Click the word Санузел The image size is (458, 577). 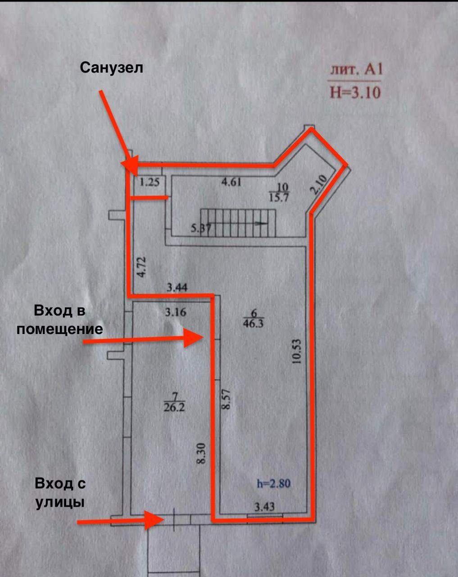pos(112,68)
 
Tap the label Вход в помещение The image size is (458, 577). pos(59,320)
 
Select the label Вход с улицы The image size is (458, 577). pos(60,493)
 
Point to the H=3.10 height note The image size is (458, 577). pos(355,92)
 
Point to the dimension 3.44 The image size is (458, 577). pos(177,287)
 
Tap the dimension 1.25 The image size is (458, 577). pos(150,183)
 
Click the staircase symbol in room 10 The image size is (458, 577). pos(238,223)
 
